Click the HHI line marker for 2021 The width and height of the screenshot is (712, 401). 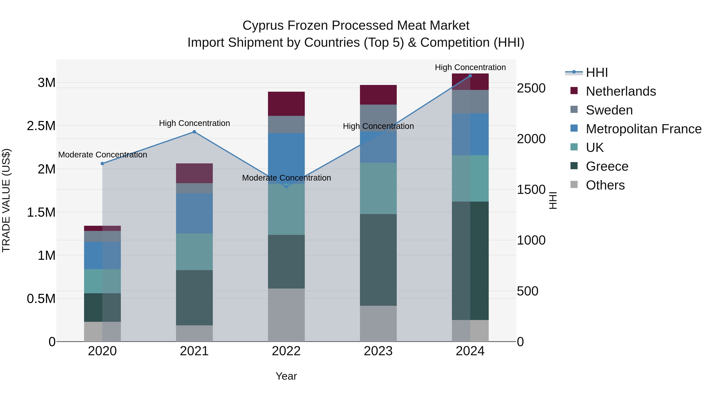pyautogui.click(x=194, y=132)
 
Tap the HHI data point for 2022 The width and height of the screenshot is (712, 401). pyautogui.click(x=286, y=187)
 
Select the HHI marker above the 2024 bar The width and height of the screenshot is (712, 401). pyautogui.click(x=470, y=76)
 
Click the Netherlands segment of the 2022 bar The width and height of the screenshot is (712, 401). pyautogui.click(x=286, y=104)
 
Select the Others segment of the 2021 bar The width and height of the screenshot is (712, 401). pyautogui.click(x=194, y=333)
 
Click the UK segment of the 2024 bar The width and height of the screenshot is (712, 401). pyautogui.click(x=470, y=178)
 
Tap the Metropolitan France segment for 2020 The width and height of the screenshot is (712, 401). pyautogui.click(x=102, y=255)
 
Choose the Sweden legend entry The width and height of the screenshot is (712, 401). pyautogui.click(x=609, y=110)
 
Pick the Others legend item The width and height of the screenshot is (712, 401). pyautogui.click(x=605, y=185)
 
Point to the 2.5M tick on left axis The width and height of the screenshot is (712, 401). pyautogui.click(x=41, y=126)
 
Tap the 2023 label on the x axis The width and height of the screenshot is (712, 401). pyautogui.click(x=378, y=351)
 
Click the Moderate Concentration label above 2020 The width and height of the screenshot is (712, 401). pyautogui.click(x=102, y=155)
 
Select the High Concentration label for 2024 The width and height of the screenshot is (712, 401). pyautogui.click(x=470, y=67)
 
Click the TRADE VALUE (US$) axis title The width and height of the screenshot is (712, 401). pyautogui.click(x=6, y=200)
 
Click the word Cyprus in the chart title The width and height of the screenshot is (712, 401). pyautogui.click(x=263, y=26)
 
